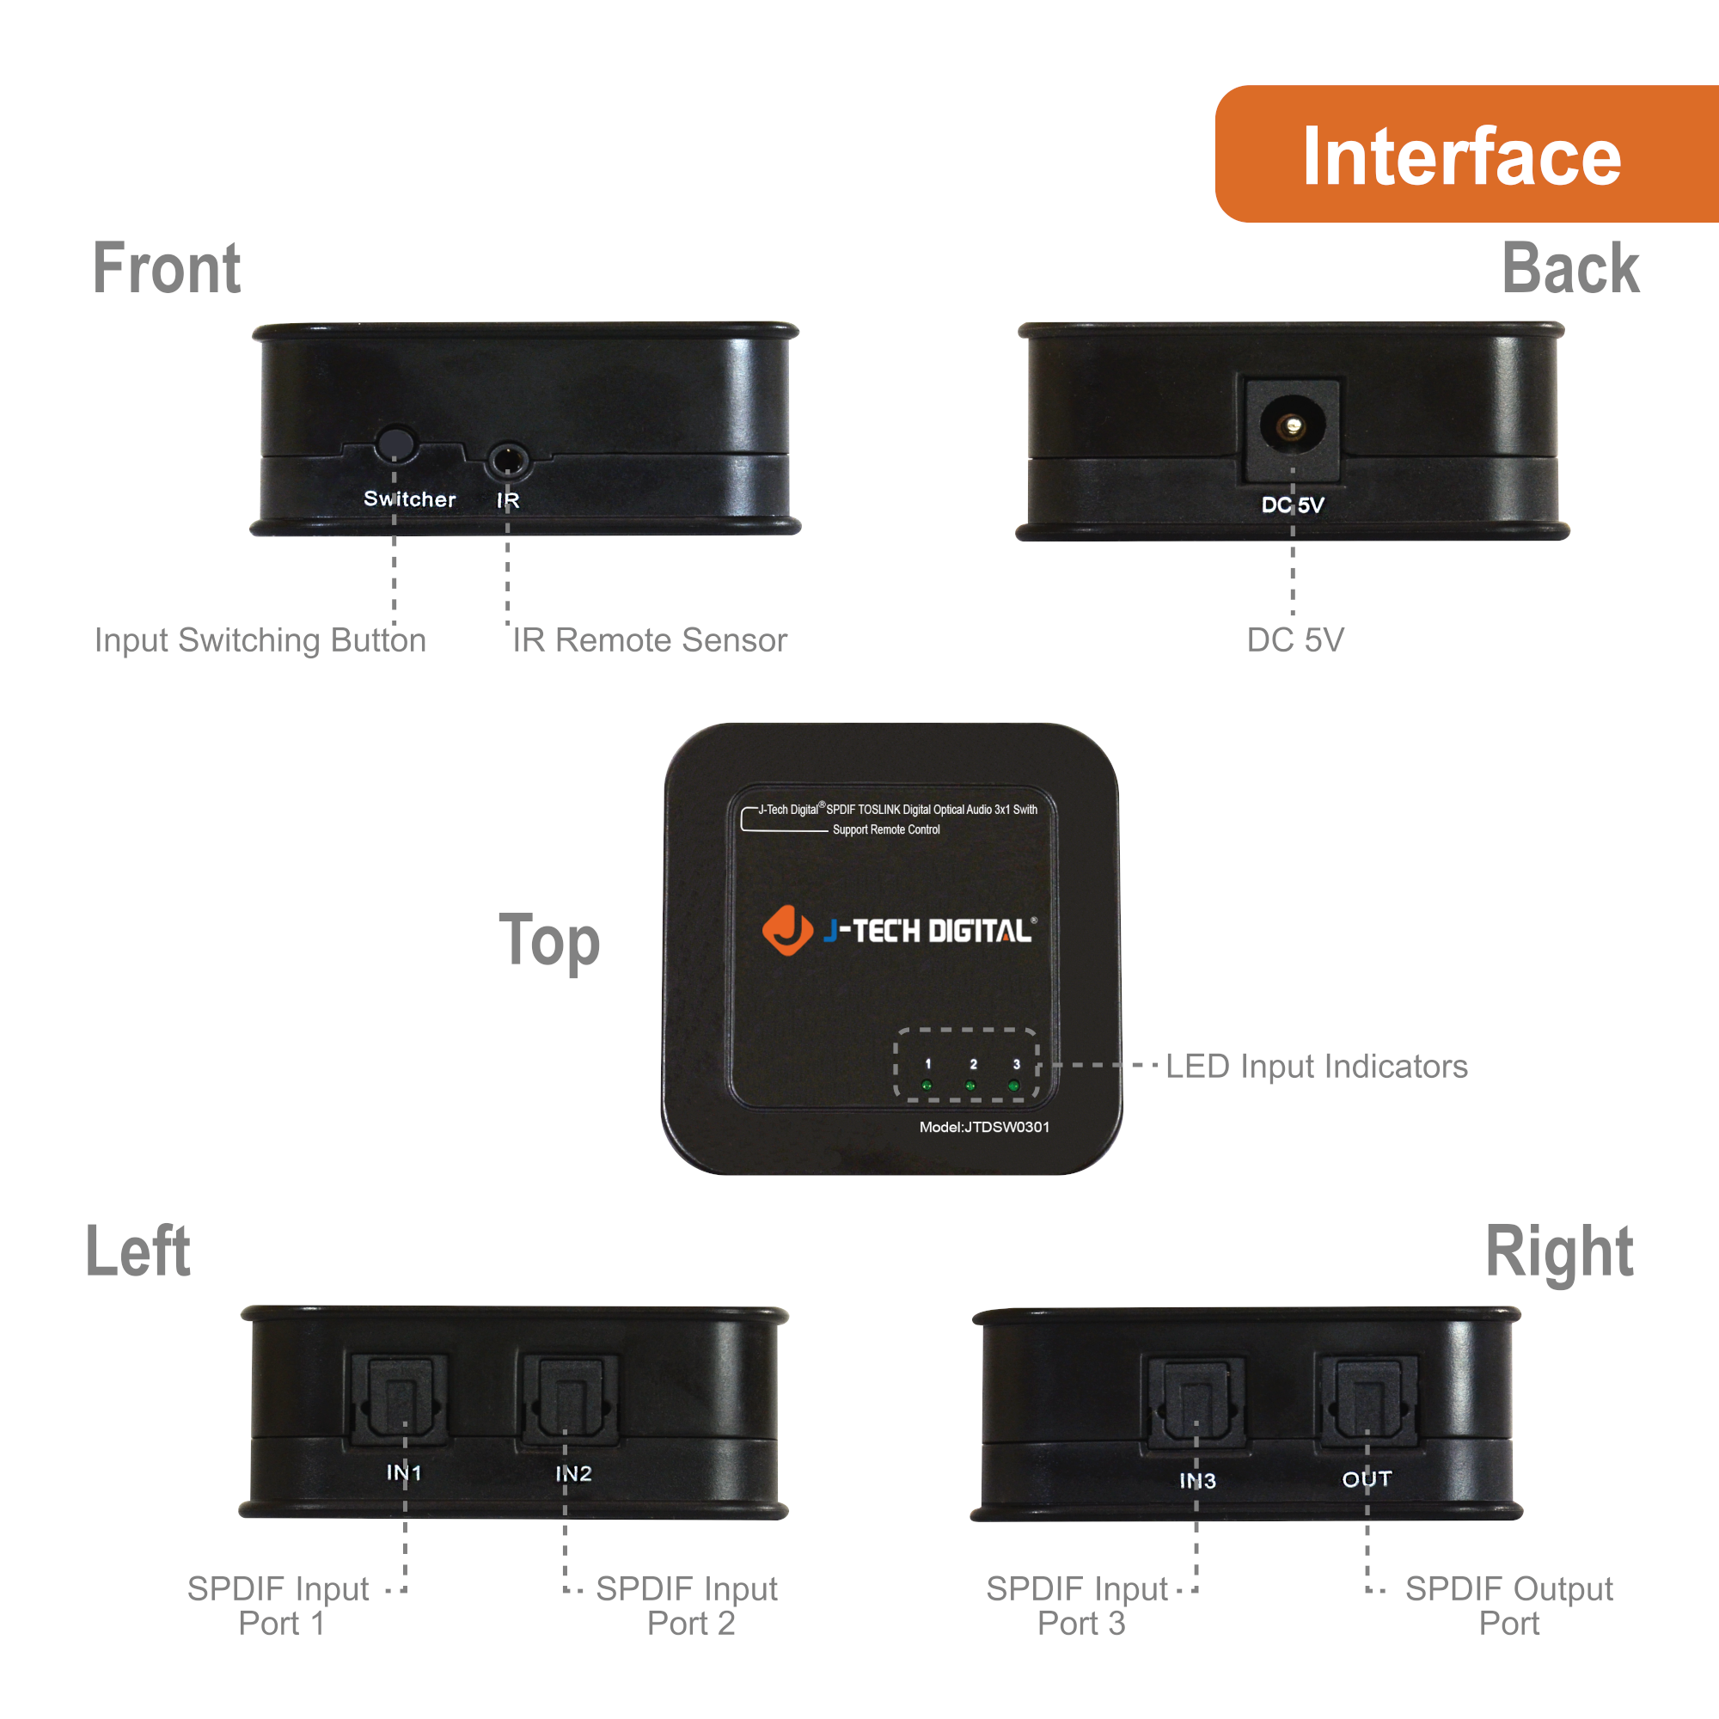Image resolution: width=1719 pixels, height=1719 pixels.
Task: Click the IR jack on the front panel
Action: (508, 461)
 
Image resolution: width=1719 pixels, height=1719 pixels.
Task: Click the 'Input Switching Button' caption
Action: (260, 640)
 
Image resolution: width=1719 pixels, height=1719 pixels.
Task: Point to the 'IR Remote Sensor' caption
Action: (650, 640)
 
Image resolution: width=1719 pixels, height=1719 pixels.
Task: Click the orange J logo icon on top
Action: (786, 930)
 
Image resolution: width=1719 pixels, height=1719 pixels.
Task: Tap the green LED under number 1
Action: (927, 1086)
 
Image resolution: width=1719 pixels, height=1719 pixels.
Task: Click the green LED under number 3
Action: (1013, 1086)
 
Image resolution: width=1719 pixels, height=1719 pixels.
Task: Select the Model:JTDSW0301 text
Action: (984, 1128)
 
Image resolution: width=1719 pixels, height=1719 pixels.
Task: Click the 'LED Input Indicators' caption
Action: (1316, 1066)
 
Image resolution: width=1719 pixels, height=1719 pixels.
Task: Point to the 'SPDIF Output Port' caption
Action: (1509, 1606)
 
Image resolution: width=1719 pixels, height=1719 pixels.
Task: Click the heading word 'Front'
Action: (167, 269)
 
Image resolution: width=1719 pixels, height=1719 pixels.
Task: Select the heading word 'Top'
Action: (549, 940)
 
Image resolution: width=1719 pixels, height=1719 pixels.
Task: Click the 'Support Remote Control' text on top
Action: (885, 829)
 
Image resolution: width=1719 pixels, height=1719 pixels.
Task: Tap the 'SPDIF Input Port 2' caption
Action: (687, 1606)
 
